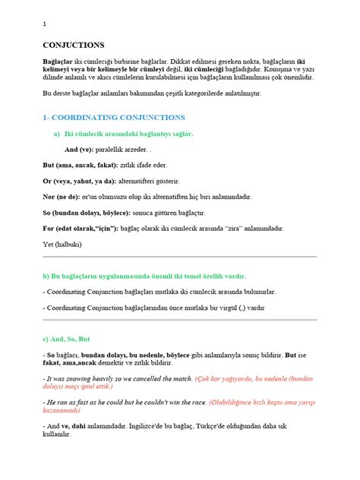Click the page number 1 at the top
click(45, 24)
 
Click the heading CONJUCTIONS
click(74, 45)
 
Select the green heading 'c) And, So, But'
click(68, 338)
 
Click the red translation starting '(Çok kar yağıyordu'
click(251, 377)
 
